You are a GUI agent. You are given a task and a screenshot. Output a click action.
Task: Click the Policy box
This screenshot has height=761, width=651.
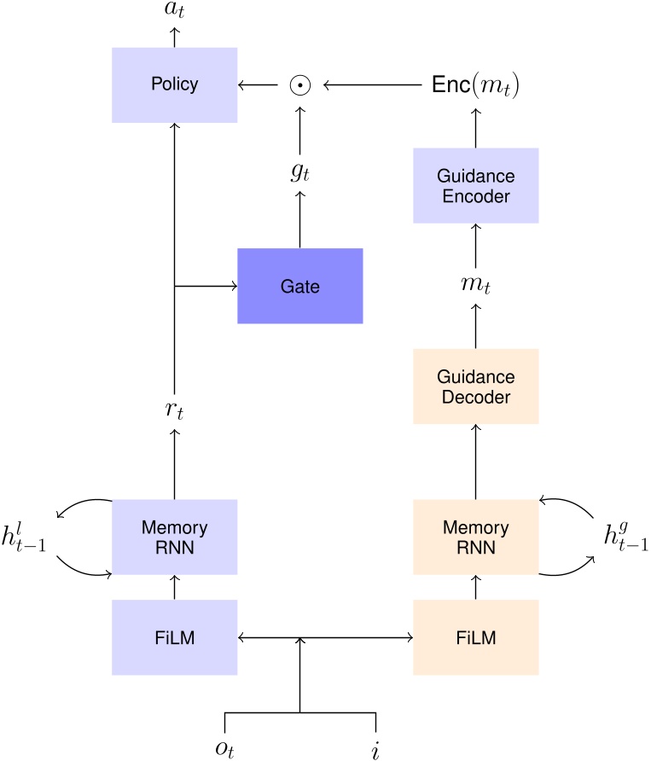click(174, 84)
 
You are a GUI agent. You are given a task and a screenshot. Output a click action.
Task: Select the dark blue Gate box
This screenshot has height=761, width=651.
click(299, 286)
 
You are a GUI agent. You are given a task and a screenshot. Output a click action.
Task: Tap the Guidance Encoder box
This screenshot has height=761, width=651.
click(475, 185)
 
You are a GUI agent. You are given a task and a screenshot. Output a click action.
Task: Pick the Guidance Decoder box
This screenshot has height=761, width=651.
click(475, 386)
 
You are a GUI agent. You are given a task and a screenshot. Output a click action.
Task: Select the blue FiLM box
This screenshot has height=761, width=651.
click(174, 638)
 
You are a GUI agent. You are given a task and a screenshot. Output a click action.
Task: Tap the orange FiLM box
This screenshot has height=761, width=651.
click(475, 638)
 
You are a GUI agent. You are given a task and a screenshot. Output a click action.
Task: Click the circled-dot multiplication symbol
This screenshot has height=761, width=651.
click(299, 84)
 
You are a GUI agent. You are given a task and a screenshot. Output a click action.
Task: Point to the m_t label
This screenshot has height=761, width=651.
click(475, 286)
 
